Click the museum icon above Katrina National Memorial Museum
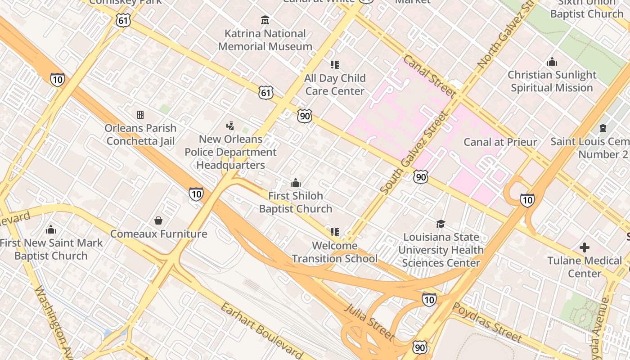[265, 20]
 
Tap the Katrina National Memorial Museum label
[265, 40]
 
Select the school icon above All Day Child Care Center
[334, 65]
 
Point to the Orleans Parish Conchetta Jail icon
[140, 115]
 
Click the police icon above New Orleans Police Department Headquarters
[230, 126]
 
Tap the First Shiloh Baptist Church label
[296, 202]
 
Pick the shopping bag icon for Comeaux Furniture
[158, 220]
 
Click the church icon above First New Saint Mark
[51, 229]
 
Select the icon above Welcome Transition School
[334, 232]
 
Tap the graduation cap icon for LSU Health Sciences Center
[441, 224]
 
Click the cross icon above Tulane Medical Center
[584, 247]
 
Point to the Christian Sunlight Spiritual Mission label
[552, 81]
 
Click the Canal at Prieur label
[500, 142]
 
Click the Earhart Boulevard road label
[261, 331]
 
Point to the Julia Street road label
[369, 322]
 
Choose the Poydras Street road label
[487, 322]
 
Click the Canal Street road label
[429, 76]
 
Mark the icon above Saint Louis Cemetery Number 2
[603, 129]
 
